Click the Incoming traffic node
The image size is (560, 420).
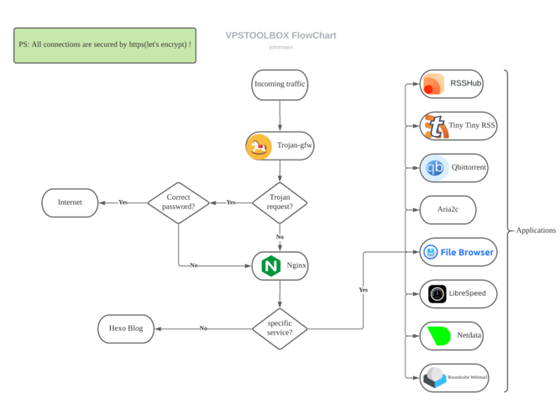pos(280,84)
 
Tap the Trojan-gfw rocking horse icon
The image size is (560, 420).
pos(259,146)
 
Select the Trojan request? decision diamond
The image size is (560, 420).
pos(280,202)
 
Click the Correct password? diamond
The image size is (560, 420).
pos(178,202)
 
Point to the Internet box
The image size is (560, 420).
pos(70,202)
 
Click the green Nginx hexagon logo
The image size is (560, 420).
pos(270,265)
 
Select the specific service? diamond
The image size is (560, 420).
pos(280,328)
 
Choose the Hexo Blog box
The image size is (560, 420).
pos(126,328)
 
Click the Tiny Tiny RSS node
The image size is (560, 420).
pos(458,126)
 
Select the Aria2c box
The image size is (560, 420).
pos(452,210)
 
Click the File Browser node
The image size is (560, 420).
pos(458,252)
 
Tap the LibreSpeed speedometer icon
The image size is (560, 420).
pos(437,294)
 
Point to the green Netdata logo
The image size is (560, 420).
pos(438,336)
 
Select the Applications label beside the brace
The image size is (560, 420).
pos(536,230)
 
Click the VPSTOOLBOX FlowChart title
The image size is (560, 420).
pos(280,36)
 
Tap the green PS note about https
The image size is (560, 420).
pos(105,44)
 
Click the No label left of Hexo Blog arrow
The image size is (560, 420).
pos(203,328)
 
